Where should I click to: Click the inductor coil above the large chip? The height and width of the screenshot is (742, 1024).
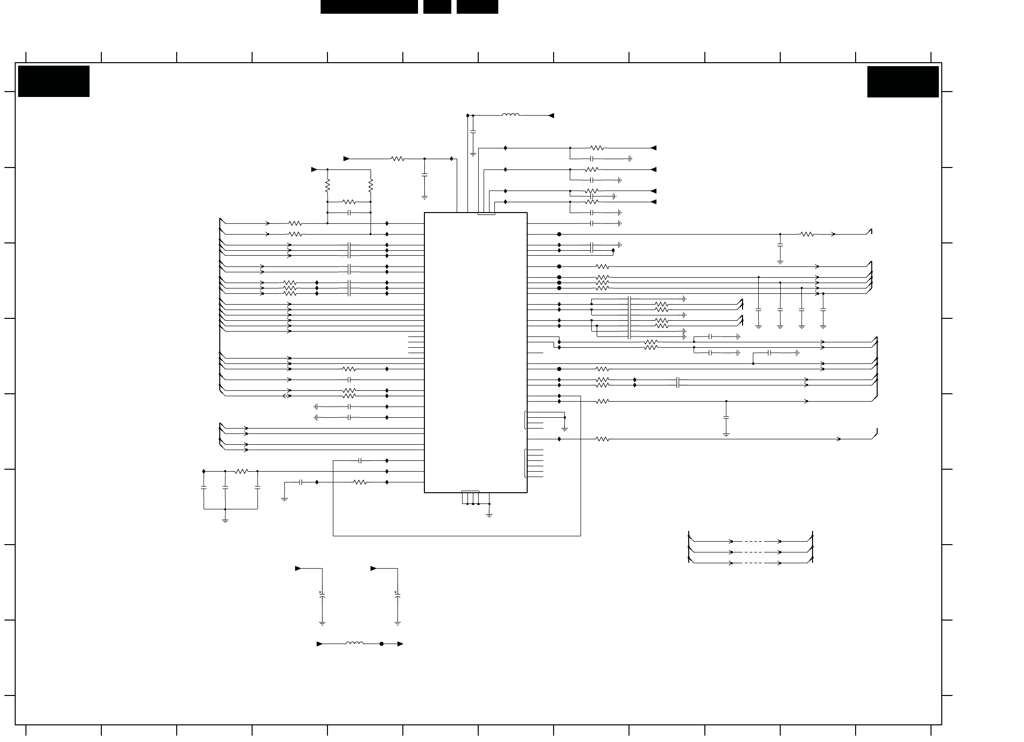coord(511,116)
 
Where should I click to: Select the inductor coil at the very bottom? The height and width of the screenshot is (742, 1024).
coord(355,644)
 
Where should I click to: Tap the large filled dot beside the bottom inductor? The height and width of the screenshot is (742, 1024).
coord(382,644)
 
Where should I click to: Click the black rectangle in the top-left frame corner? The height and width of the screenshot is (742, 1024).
coord(54,81)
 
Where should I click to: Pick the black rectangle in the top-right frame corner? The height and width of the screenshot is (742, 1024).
coord(903,82)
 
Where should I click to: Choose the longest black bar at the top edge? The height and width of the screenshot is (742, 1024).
coord(369,7)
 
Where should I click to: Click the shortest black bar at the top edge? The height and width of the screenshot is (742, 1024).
coord(437,7)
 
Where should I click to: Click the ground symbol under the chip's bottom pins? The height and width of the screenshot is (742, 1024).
coord(489,514)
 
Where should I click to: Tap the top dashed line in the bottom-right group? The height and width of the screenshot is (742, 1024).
coord(756,541)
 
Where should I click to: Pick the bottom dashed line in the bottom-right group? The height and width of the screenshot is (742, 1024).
coord(756,563)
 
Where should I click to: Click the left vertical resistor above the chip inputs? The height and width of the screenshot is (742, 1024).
coord(327,186)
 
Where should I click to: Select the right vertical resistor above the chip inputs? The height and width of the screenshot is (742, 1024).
coord(371,186)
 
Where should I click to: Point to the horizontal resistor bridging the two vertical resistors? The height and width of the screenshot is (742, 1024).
coord(349,202)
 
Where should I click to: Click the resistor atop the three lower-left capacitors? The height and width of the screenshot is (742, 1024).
coord(241,472)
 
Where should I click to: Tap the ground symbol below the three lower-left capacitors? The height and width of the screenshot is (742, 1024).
coord(225,520)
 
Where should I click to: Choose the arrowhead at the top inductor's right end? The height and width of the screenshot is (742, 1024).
coord(551,116)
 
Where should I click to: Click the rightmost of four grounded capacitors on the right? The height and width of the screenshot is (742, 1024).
coord(823,311)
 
